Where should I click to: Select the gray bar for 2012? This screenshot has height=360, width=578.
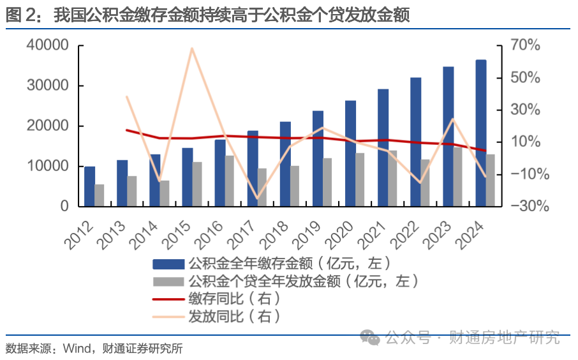[100, 195]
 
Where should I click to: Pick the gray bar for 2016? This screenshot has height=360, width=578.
[230, 181]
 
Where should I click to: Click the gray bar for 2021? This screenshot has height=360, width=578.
[392, 178]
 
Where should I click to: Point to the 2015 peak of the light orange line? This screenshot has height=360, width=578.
[192, 49]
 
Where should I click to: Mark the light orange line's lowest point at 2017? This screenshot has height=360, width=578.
[257, 199]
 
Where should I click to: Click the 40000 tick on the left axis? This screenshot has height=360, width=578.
[48, 46]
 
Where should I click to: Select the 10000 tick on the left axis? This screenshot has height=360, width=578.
[48, 167]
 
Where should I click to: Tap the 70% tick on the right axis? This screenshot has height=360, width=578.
[525, 46]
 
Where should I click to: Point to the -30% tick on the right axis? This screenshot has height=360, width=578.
[525, 206]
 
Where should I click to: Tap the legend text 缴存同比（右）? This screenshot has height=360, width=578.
[234, 298]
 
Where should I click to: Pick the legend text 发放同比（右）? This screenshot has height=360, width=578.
[234, 315]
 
